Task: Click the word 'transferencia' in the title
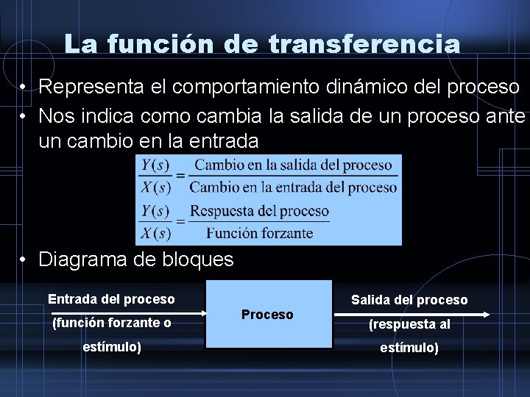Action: [x=364, y=44]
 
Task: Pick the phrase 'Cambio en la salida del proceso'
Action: [x=293, y=165]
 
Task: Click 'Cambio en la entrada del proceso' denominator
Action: [x=293, y=187]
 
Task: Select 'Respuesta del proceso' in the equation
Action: [x=259, y=212]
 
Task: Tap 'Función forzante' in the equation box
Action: [x=259, y=233]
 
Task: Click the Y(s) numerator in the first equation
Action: [x=155, y=165]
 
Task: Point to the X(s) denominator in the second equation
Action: [x=155, y=233]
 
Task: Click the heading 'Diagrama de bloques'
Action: [x=135, y=259]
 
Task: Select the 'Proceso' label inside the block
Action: [x=267, y=315]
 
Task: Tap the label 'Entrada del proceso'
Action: [x=111, y=299]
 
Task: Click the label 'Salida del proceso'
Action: [x=409, y=300]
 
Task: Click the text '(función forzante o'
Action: [x=112, y=323]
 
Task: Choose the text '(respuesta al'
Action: [x=409, y=324]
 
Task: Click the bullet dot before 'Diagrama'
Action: [x=24, y=260]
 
